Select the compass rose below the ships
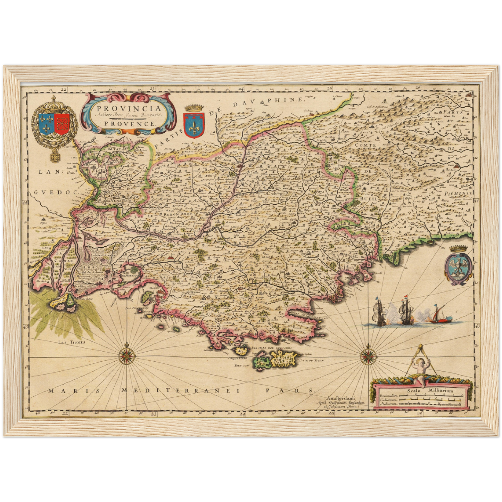[368, 355]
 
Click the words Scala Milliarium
[431, 390]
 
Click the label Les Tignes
[71, 342]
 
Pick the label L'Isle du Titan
[311, 361]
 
